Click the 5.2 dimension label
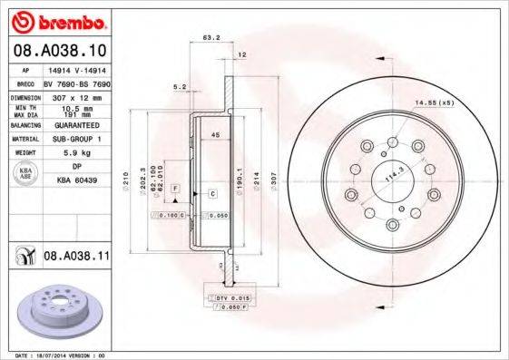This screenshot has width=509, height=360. click(x=179, y=87)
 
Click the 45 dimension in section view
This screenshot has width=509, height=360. click(x=215, y=135)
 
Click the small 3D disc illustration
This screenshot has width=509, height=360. click(x=59, y=310)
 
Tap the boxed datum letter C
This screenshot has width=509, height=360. click(x=211, y=194)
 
